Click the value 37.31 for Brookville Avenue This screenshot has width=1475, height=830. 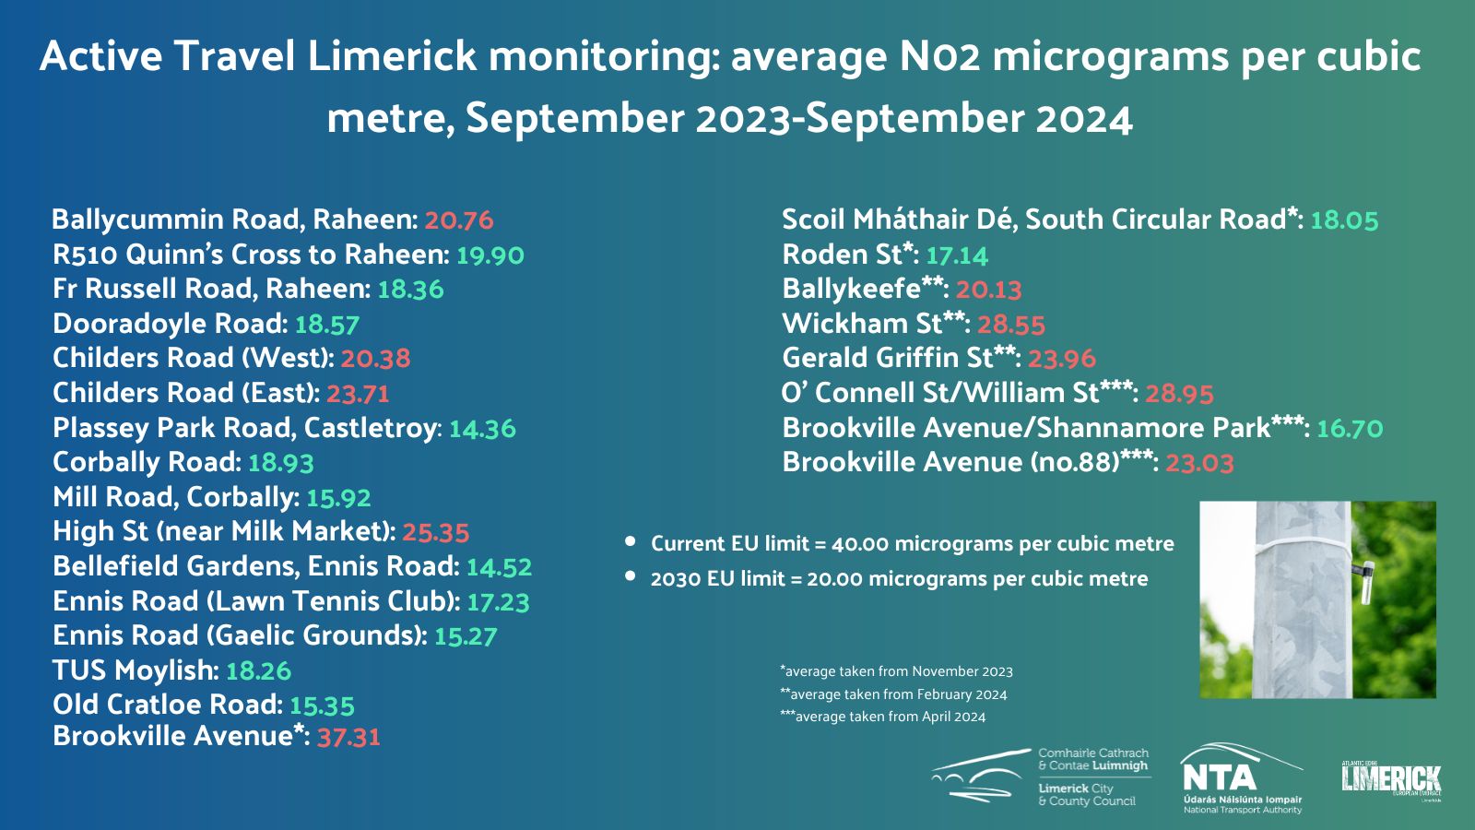click(x=348, y=737)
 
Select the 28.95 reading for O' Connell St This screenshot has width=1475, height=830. click(x=1179, y=393)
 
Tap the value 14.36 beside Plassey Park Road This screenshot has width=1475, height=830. click(x=482, y=429)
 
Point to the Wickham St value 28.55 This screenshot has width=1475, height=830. click(x=1011, y=324)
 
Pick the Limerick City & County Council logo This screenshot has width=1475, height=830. click(x=1042, y=777)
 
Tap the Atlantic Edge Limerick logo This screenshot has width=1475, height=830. click(x=1391, y=780)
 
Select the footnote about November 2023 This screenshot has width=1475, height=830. click(x=896, y=671)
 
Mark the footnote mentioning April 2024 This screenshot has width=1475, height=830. click(x=883, y=717)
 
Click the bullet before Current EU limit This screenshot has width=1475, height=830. click(x=631, y=541)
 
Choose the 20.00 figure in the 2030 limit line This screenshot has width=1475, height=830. click(x=834, y=579)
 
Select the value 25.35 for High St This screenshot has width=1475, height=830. click(x=436, y=532)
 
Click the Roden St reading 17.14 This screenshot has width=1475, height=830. click(x=957, y=255)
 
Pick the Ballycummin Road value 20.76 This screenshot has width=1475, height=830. click(x=459, y=220)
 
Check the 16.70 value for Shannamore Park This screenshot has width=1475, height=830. click(x=1350, y=429)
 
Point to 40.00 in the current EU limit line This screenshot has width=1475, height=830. click(x=859, y=544)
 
